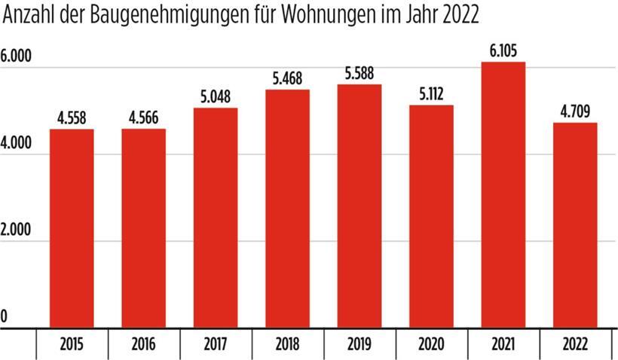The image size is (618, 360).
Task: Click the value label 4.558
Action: point(72,118)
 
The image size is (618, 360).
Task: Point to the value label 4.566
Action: point(143,118)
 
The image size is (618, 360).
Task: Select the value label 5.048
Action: point(216,97)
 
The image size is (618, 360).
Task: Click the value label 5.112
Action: point(431,94)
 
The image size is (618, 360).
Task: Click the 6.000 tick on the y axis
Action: point(17,57)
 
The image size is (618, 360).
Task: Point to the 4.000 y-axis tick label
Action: point(17,144)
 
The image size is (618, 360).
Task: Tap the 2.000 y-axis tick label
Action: point(17,230)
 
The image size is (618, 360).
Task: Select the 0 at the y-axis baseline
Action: point(4,318)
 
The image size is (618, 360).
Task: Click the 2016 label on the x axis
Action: point(143,346)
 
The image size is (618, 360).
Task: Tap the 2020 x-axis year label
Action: point(431,346)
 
